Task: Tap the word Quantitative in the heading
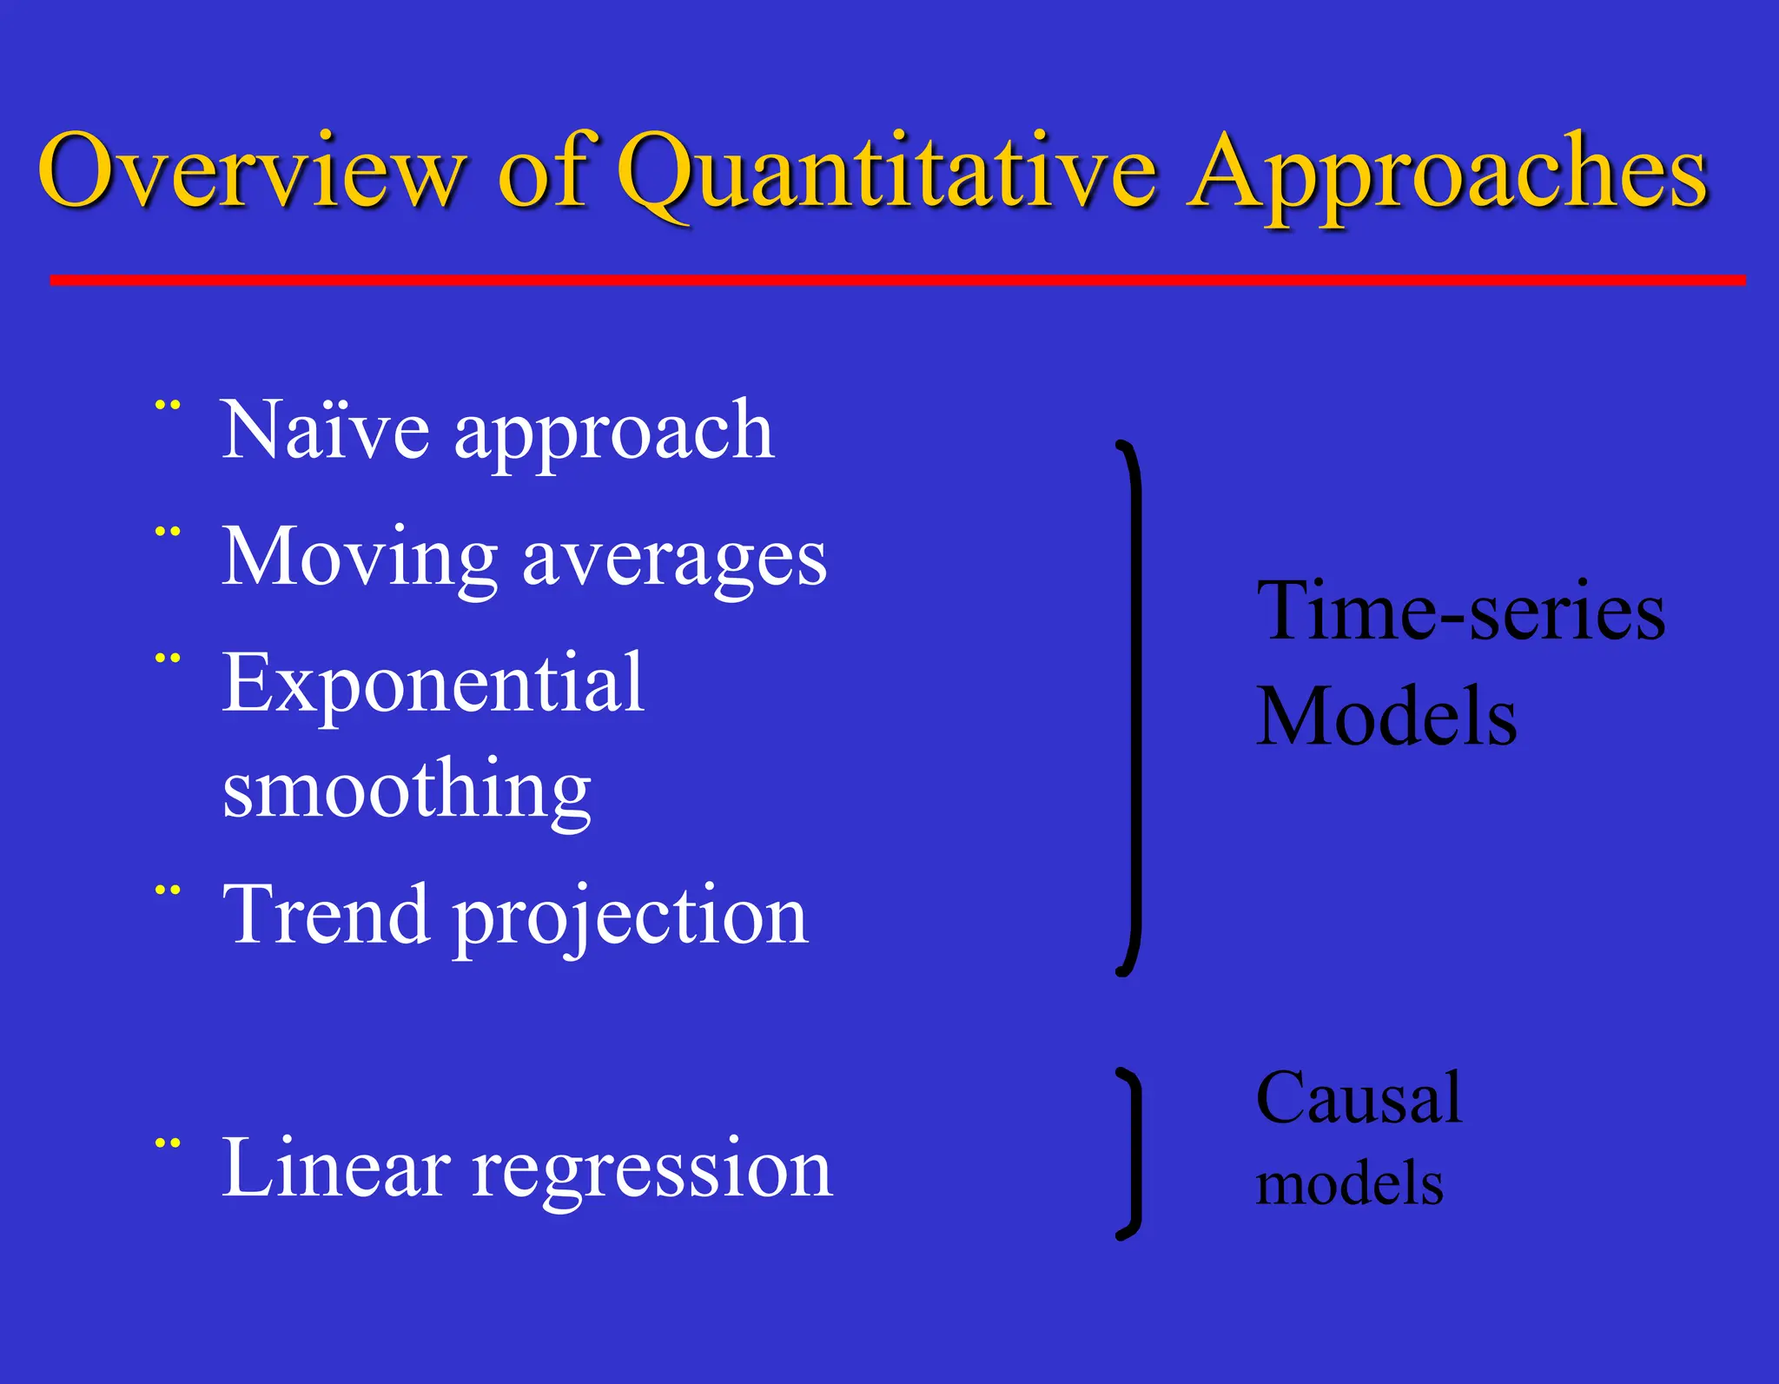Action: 886,174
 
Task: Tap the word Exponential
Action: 433,685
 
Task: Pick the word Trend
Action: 326,914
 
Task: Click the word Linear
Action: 335,1169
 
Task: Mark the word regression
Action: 652,1173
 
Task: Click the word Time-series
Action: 1460,613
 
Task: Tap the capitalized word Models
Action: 1386,717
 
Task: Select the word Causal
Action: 1359,1099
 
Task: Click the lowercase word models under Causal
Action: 1349,1184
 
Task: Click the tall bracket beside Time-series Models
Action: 1133,708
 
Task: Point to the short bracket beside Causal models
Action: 1133,1153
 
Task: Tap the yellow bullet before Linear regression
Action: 168,1144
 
